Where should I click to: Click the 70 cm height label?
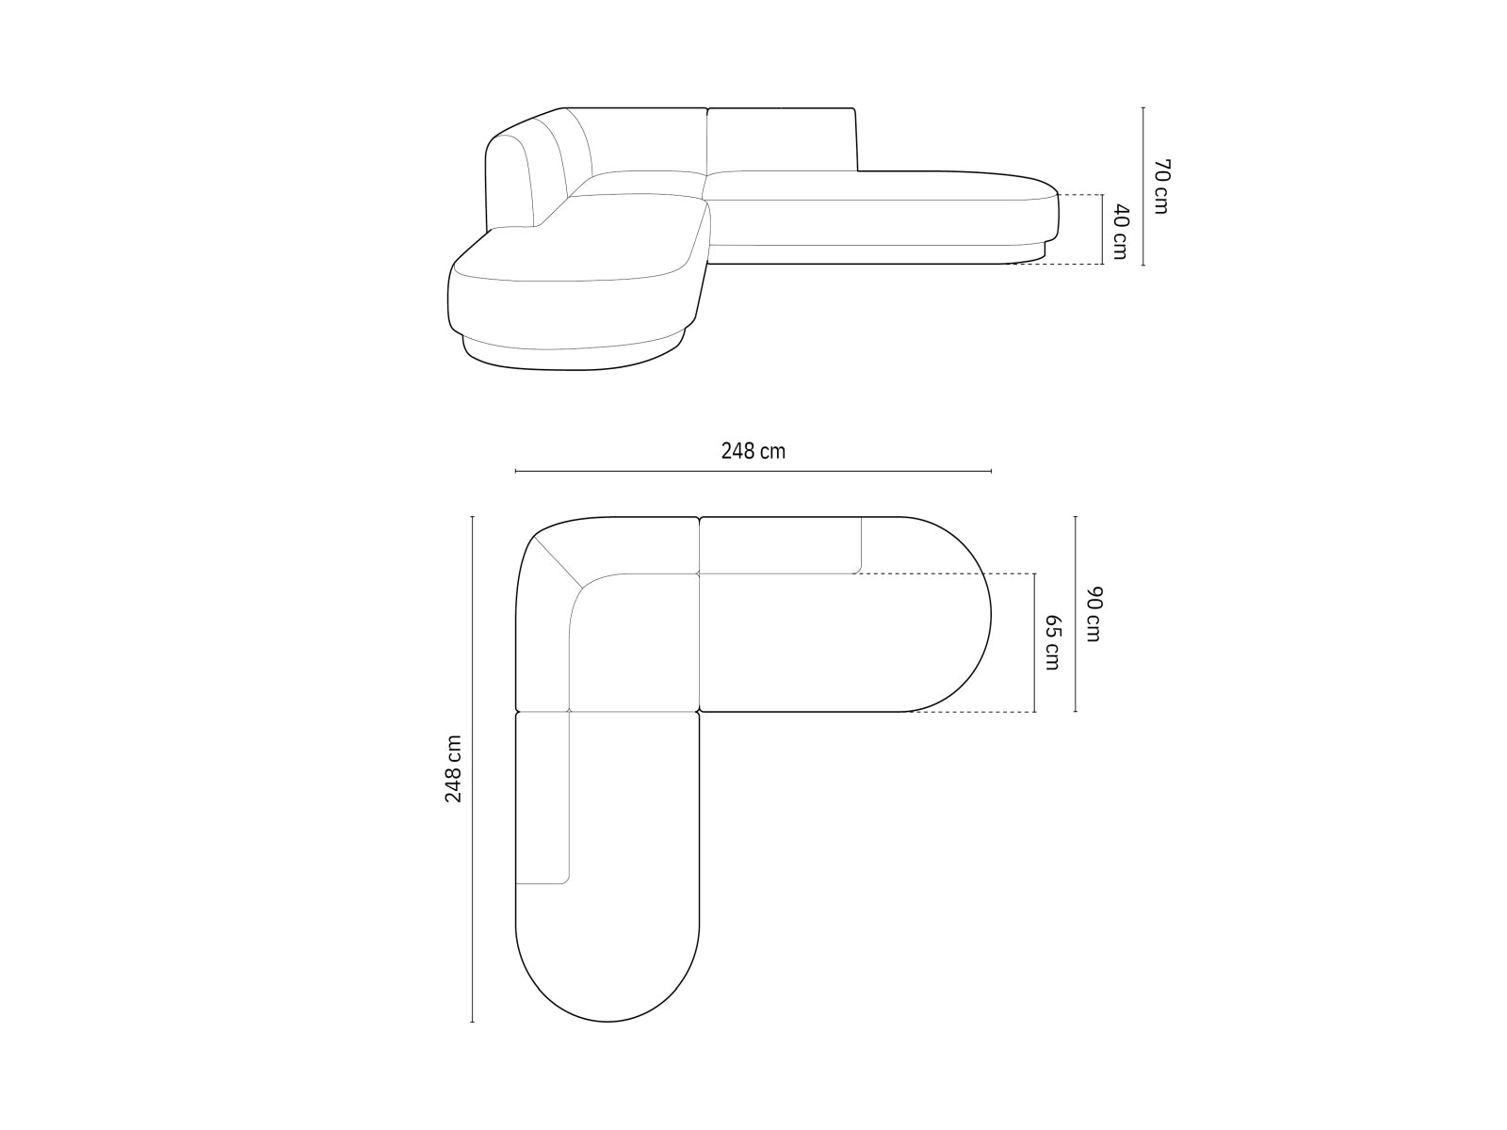tap(1160, 186)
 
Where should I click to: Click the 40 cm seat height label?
tap(1120, 232)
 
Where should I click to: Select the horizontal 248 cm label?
tap(753, 451)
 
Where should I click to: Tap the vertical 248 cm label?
tap(453, 768)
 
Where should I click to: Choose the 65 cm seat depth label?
tap(1052, 642)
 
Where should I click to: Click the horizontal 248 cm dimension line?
tap(753, 472)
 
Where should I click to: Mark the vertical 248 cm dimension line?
tap(473, 779)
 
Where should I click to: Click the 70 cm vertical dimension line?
tap(1143, 186)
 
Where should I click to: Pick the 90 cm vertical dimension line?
tap(1076, 614)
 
